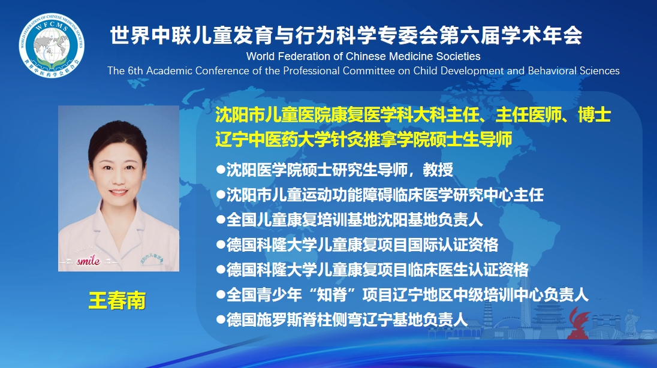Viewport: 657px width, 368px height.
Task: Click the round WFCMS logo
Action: pyautogui.click(x=52, y=46)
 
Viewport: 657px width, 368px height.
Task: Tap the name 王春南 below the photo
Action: pyautogui.click(x=117, y=300)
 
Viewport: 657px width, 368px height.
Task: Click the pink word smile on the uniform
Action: pyautogui.click(x=88, y=261)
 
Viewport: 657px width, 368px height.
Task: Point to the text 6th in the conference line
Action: pyautogui.click(x=135, y=70)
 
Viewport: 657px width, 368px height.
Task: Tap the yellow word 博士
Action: pyautogui.click(x=594, y=115)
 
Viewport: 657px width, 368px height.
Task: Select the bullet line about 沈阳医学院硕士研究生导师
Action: pyautogui.click(x=334, y=170)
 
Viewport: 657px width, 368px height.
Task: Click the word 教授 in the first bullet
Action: pyautogui.click(x=438, y=170)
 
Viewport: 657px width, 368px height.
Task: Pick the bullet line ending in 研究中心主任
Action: pyautogui.click(x=380, y=195)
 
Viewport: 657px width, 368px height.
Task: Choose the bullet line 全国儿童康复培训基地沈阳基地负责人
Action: pyautogui.click(x=349, y=219)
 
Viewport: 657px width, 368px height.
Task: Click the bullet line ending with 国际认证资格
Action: pyautogui.click(x=357, y=245)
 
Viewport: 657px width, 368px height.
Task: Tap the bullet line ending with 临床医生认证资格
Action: pyautogui.click(x=372, y=270)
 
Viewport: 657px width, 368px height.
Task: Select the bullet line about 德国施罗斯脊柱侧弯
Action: pyautogui.click(x=342, y=320)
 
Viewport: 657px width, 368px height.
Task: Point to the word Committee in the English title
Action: pyautogui.click(x=369, y=70)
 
